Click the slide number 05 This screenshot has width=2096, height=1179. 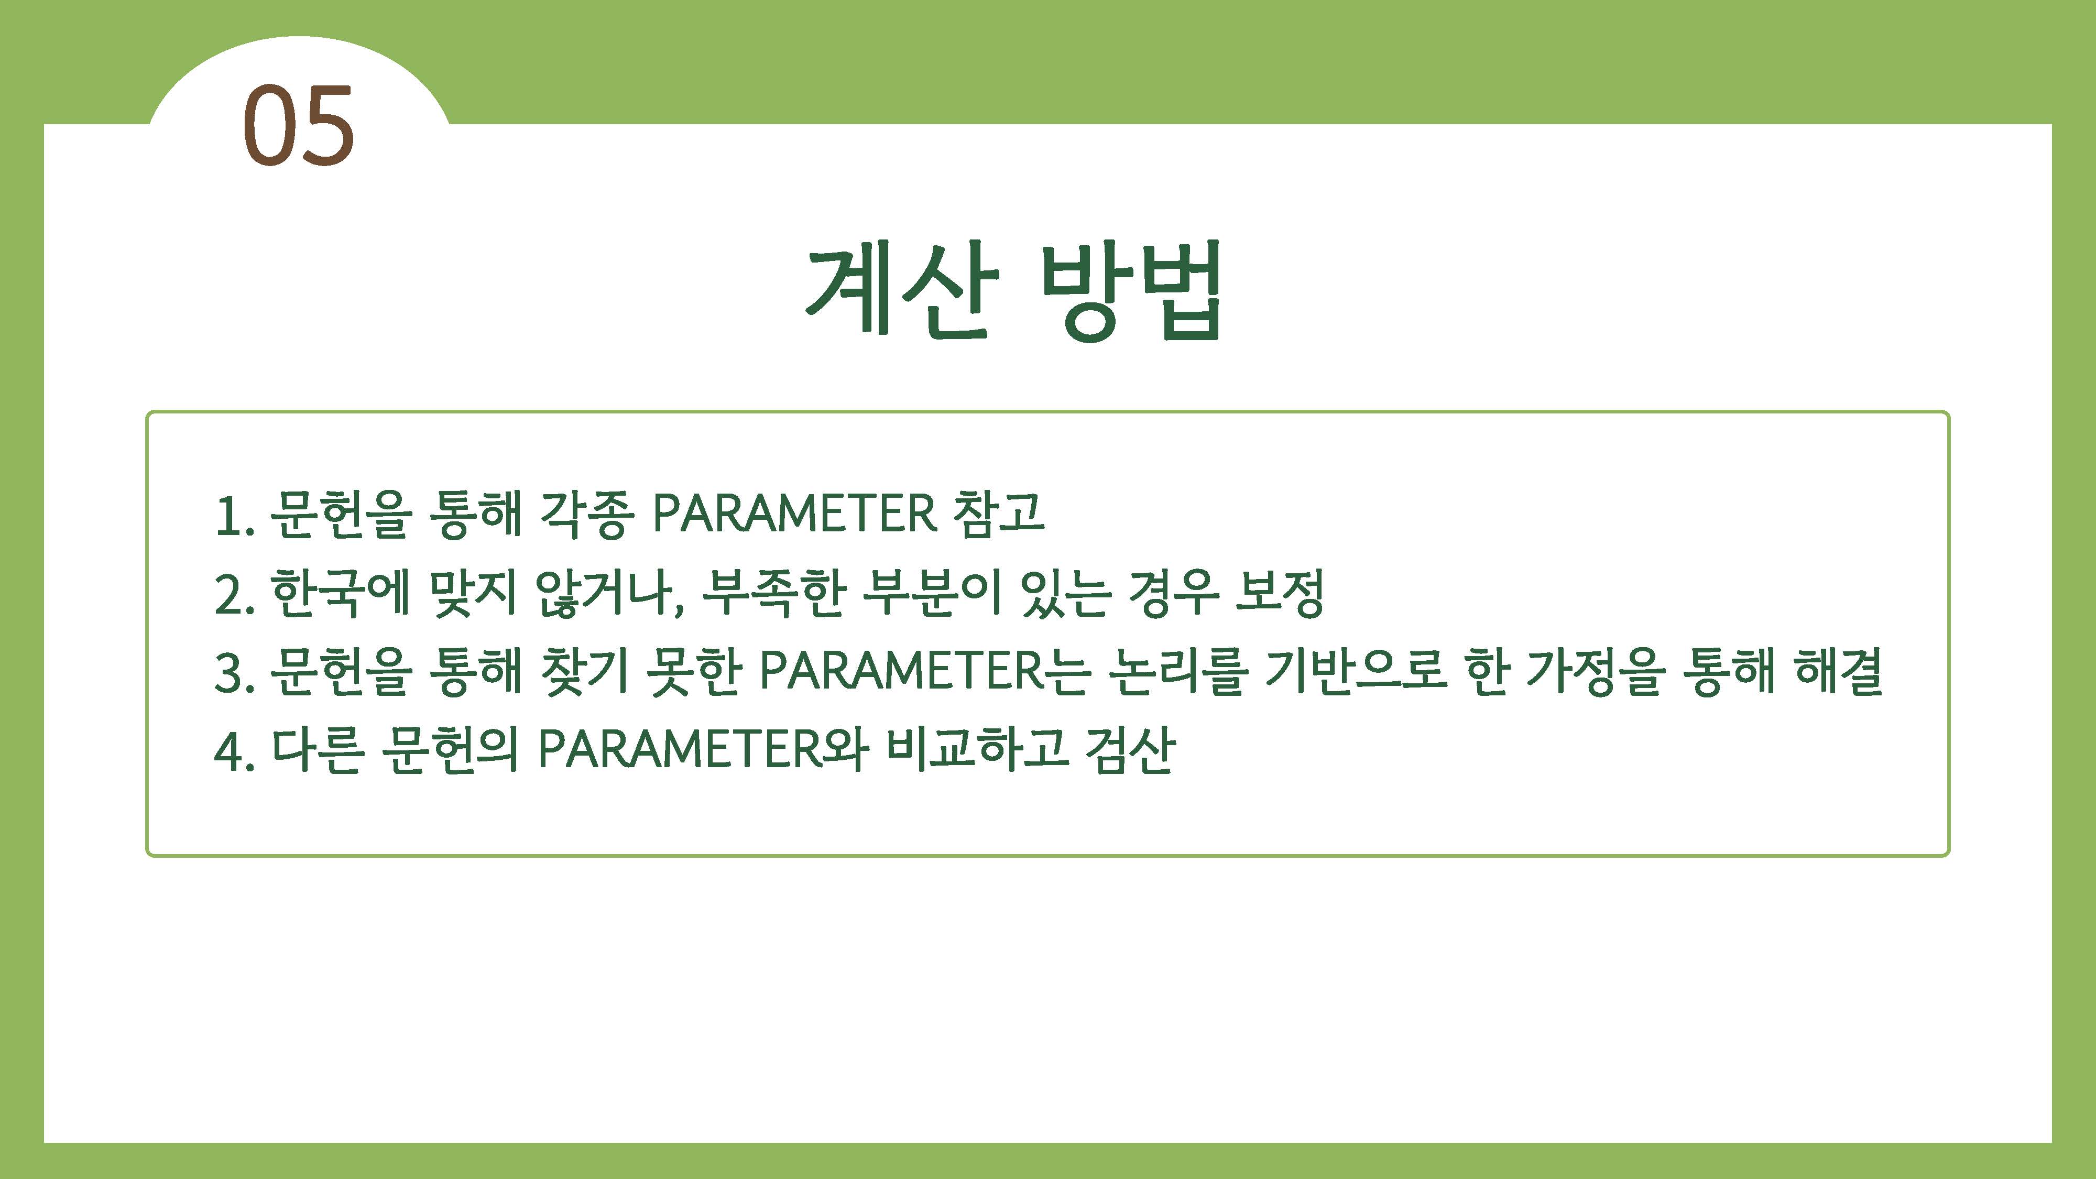coord(299,126)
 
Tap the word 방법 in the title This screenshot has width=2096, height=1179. coord(1130,290)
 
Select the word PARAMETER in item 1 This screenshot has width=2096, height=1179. coord(794,514)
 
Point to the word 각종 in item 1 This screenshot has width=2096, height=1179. coord(586,514)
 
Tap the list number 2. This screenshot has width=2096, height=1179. coord(233,595)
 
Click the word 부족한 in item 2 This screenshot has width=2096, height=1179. coord(773,593)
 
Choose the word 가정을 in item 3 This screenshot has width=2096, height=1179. coord(1595,672)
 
